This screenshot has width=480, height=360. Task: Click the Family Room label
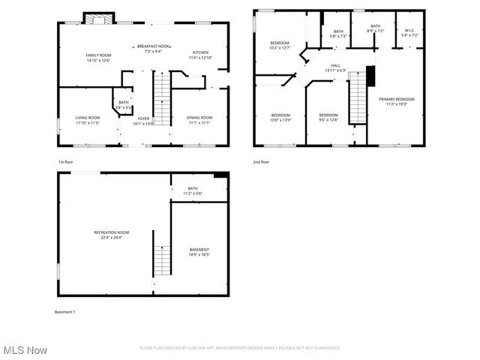tap(99, 58)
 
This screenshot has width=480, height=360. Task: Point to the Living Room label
tap(88, 120)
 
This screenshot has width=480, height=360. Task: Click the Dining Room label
tap(199, 120)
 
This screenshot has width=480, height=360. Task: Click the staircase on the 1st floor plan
tap(163, 98)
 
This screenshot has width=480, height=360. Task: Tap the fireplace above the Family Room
tap(97, 18)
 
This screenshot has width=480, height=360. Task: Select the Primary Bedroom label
tap(396, 102)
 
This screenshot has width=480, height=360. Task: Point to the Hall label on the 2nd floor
tap(336, 68)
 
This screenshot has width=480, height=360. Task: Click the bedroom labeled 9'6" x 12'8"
tap(328, 117)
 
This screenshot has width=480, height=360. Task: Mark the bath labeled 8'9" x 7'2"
tap(375, 28)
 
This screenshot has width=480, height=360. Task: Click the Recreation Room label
tap(111, 235)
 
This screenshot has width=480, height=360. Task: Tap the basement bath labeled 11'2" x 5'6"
tap(193, 191)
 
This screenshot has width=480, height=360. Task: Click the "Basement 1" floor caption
tap(65, 311)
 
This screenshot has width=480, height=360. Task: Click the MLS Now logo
tap(24, 350)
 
